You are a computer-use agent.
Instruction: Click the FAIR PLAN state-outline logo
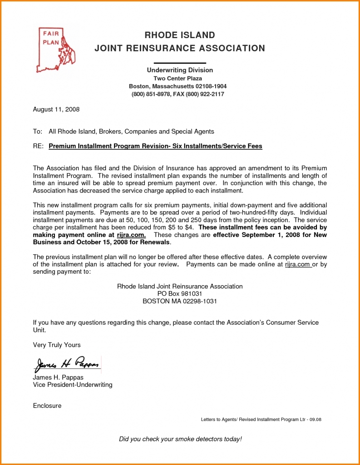click(x=55, y=50)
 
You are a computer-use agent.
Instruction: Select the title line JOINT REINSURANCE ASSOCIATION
click(x=179, y=48)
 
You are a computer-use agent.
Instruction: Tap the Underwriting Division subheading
click(x=179, y=70)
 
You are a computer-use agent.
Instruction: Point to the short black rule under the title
click(x=179, y=63)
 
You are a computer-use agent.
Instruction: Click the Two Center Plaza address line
click(x=178, y=79)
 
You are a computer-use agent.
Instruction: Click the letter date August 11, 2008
click(x=56, y=109)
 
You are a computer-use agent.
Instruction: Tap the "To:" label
click(x=37, y=132)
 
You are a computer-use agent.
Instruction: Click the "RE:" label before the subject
click(x=38, y=146)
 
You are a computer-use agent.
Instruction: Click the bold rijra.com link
click(x=132, y=235)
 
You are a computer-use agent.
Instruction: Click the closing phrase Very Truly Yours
click(x=57, y=345)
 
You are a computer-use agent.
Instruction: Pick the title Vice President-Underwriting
click(x=73, y=385)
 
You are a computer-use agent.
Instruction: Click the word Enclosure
click(x=47, y=406)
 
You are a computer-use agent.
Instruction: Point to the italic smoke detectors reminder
click(x=180, y=439)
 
